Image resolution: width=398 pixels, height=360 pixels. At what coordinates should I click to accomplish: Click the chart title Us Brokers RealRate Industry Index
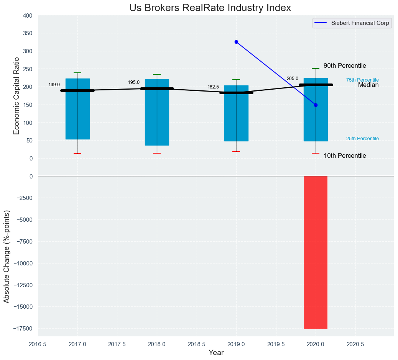pos(210,8)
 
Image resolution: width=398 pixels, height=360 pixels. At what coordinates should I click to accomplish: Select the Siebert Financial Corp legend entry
pos(351,23)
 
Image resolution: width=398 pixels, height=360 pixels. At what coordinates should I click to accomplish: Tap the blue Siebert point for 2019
pos(236,42)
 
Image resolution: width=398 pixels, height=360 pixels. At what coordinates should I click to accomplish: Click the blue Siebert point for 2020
pos(316,105)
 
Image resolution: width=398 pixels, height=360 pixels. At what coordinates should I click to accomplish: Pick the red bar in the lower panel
pos(316,252)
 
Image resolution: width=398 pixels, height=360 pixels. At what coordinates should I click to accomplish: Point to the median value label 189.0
pos(54,85)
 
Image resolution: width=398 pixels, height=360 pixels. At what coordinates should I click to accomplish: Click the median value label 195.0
pos(134,82)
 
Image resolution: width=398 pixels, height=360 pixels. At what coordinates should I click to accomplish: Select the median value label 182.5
pos(213,87)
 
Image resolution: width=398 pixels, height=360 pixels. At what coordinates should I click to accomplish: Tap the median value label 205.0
pos(292,79)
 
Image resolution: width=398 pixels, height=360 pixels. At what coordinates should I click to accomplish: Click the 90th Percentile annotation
pos(345,66)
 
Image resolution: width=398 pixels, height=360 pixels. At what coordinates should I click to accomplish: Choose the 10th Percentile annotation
pos(345,156)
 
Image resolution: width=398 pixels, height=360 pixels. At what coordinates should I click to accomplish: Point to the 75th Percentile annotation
pos(362,80)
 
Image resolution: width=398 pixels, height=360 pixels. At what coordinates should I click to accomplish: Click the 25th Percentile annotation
pos(362,139)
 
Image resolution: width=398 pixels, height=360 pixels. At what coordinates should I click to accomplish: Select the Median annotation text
pos(368,85)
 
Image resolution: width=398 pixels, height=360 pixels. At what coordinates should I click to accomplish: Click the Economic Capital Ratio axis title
pos(16,96)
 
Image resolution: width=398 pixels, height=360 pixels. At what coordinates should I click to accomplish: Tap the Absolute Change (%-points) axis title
pos(7,256)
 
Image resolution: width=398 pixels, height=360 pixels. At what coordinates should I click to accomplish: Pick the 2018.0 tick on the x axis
pos(157,344)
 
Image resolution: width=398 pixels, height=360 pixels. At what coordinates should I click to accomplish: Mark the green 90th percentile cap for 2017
pos(77,73)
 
